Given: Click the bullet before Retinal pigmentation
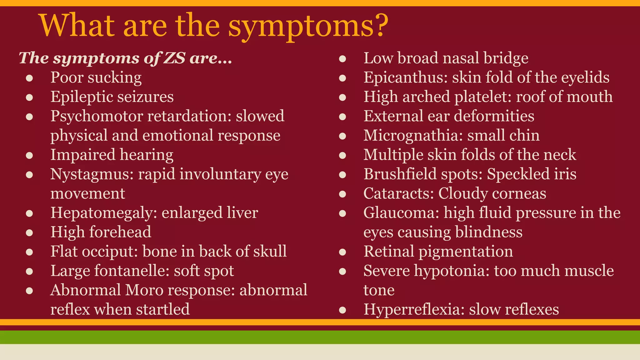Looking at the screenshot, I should [x=342, y=252].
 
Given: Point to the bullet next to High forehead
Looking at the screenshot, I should [x=30, y=233].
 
